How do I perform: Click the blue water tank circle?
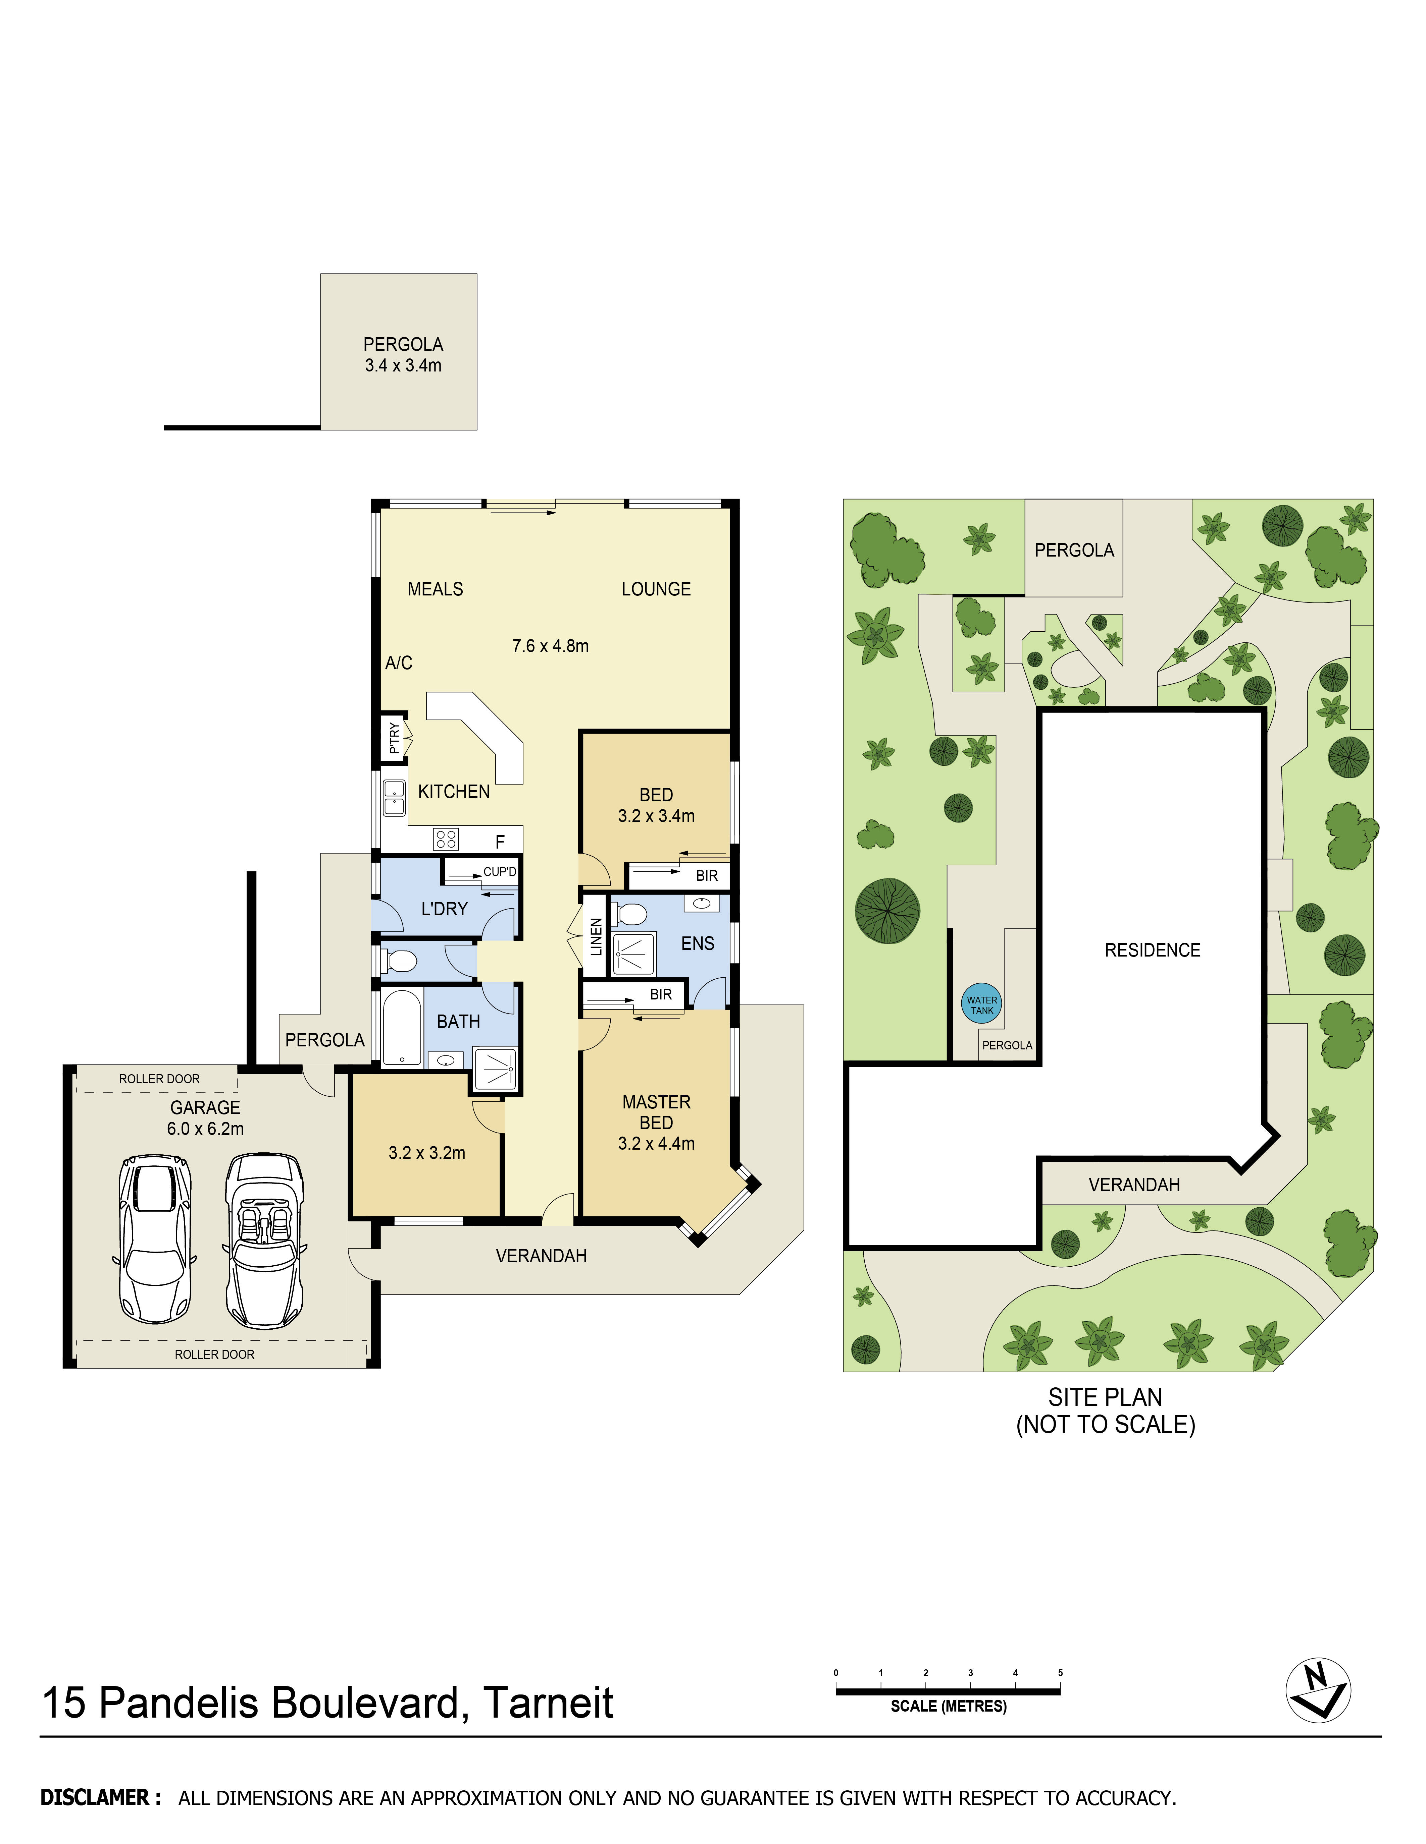tap(982, 1005)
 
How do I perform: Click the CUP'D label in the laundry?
tap(499, 871)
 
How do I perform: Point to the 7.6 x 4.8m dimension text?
tap(550, 646)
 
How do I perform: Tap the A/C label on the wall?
tap(399, 663)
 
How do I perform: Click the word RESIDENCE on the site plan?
tap(1152, 950)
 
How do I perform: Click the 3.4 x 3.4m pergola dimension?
tap(403, 365)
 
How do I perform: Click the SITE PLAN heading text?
tap(1105, 1397)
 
